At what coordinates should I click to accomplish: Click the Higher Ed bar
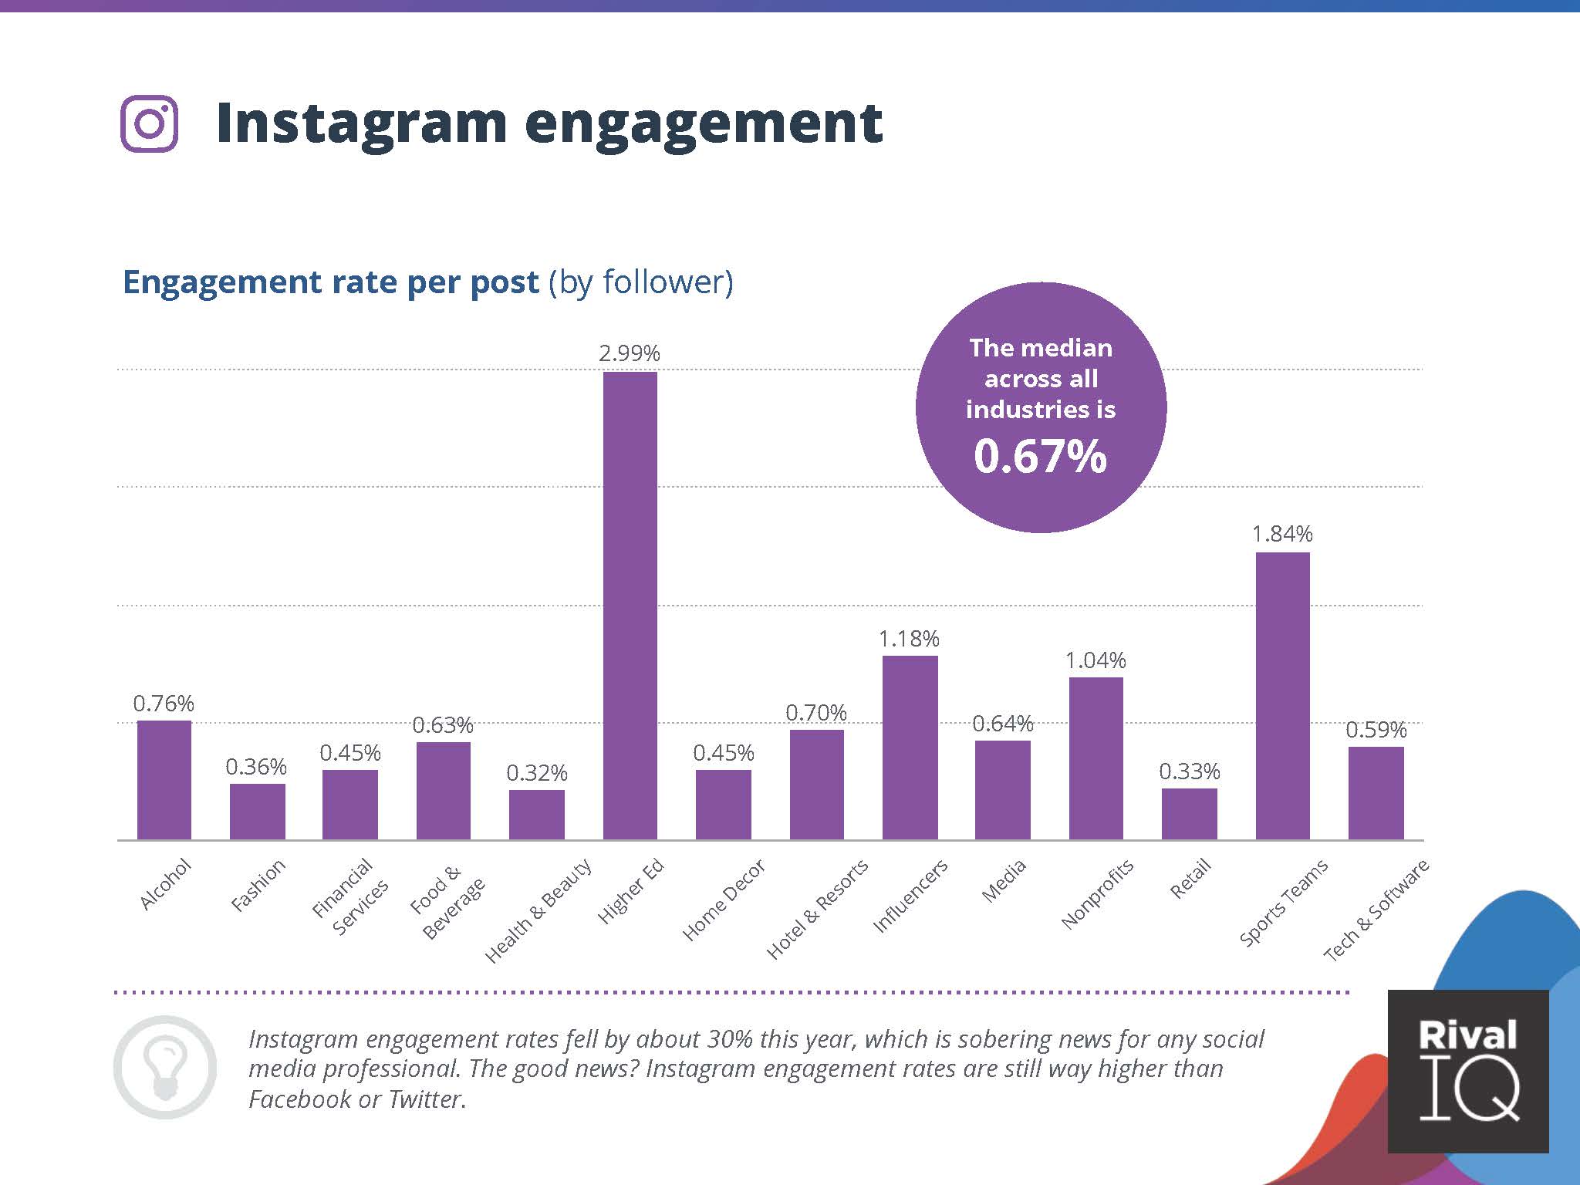coord(630,606)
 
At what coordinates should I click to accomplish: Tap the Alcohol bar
coord(164,780)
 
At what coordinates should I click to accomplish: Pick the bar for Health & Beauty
coord(536,815)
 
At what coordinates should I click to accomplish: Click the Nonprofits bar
coord(1096,758)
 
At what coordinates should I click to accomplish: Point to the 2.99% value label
coord(630,353)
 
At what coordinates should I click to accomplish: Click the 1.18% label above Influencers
coord(909,639)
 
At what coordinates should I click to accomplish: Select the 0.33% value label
coord(1189,771)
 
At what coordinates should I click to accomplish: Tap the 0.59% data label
coord(1376,730)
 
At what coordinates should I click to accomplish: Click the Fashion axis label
coord(258,885)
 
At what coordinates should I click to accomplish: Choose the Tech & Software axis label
coord(1376,910)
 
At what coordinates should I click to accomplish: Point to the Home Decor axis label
coord(724,900)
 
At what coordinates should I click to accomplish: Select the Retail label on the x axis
coord(1190,879)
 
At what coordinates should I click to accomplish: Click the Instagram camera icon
coord(150,123)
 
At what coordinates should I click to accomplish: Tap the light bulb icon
coord(165,1067)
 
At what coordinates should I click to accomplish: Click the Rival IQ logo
coord(1467,1070)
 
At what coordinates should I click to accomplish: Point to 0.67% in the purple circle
coord(1040,456)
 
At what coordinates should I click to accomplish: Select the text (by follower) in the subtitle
coord(640,282)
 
